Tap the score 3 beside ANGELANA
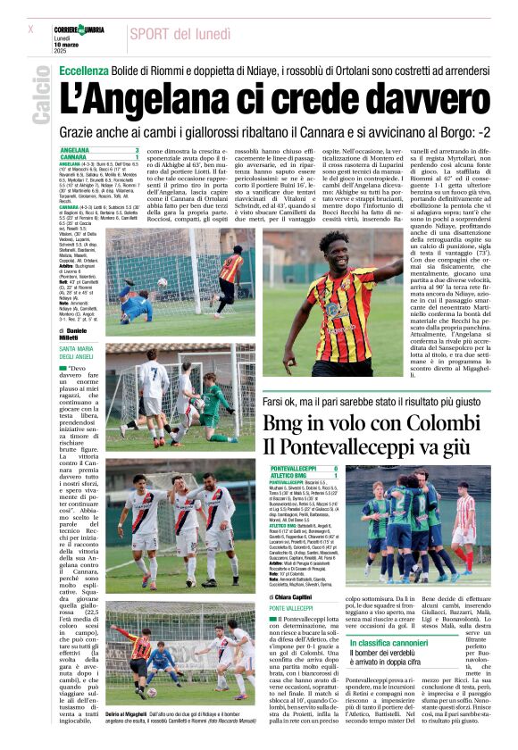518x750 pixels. pyautogui.click(x=137, y=150)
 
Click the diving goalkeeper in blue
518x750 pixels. pyautogui.click(x=134, y=307)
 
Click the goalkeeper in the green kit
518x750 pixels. pyautogui.click(x=213, y=402)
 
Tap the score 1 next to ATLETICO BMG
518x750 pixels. pyautogui.click(x=335, y=475)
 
